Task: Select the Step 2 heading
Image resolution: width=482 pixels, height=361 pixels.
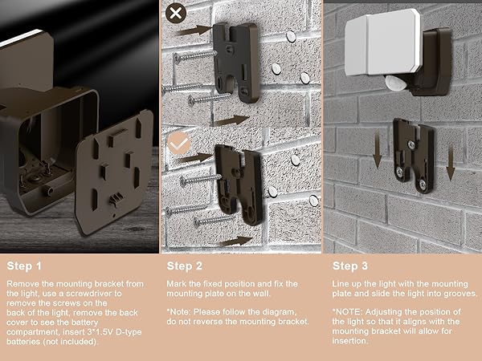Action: pos(186,265)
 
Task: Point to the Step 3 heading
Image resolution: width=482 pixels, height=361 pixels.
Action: pos(351,265)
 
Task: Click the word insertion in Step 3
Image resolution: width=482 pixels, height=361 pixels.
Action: pos(349,340)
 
